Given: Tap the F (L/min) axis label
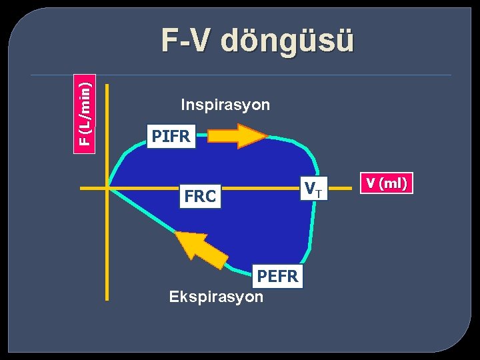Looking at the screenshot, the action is click(x=84, y=111).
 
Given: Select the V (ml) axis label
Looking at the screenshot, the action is click(x=387, y=183).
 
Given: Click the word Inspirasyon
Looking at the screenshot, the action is click(x=225, y=105).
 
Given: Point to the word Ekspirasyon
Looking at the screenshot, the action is click(x=216, y=297).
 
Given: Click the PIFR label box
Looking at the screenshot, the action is click(x=171, y=137).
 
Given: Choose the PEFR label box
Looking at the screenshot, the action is click(x=278, y=275).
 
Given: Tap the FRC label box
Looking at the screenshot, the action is click(x=200, y=197).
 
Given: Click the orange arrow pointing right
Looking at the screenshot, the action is click(x=237, y=136).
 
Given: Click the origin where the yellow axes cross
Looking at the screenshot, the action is click(x=107, y=189).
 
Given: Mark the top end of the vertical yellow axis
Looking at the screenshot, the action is click(x=107, y=85).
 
